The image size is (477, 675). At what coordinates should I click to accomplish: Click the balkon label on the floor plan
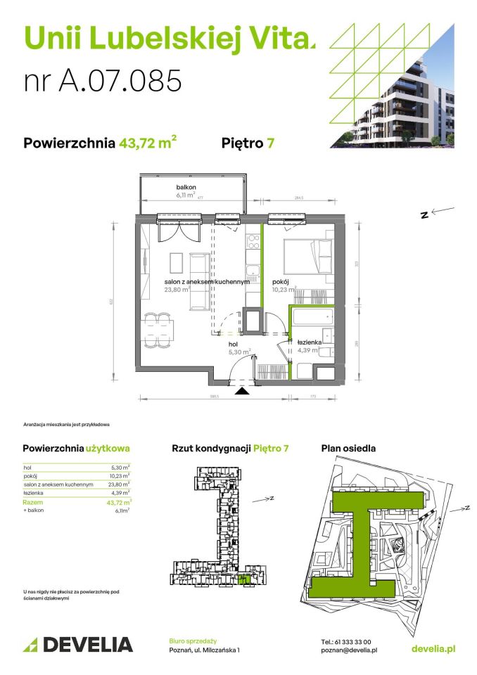[x=186, y=187]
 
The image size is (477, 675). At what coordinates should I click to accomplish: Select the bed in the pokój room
[x=307, y=257]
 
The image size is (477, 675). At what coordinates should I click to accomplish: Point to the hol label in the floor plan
[x=233, y=345]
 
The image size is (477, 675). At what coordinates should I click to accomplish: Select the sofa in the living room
[x=201, y=280]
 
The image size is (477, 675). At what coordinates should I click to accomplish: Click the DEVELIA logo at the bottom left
[x=78, y=643]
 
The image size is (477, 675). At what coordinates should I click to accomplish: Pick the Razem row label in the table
[x=32, y=502]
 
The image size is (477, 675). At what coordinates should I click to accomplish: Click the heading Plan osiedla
[x=348, y=448]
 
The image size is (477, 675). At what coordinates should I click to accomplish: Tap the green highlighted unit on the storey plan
[x=244, y=579]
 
